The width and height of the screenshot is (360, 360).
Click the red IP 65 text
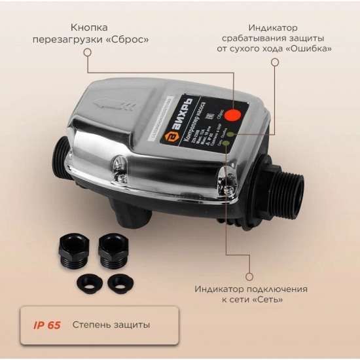pyautogui.click(x=47, y=325)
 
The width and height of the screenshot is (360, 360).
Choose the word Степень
pyautogui.click(x=92, y=325)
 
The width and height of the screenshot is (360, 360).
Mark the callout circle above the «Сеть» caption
pyautogui.click(x=249, y=276)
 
